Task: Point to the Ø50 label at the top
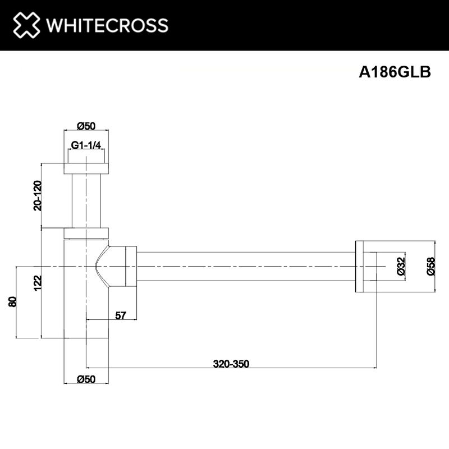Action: click(x=86, y=125)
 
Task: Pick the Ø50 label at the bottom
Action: click(x=86, y=379)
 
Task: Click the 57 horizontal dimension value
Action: click(x=120, y=315)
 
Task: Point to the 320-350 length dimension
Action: click(x=231, y=364)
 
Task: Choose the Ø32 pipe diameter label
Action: click(x=401, y=266)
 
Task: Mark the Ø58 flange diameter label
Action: click(x=430, y=266)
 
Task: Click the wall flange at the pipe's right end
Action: click(x=362, y=267)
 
